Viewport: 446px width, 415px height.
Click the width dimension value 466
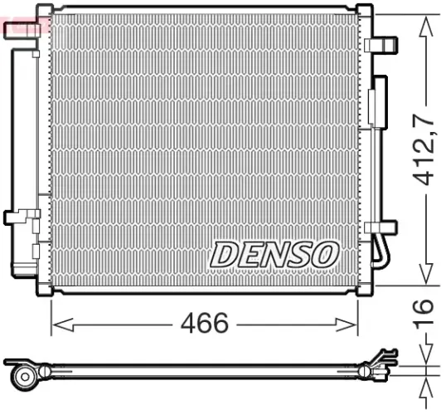click(204, 323)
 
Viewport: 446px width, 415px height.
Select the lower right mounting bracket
click(384, 225)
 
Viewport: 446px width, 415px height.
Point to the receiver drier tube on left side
click(23, 149)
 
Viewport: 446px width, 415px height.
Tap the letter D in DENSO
click(224, 255)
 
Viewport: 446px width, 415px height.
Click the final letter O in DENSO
click(324, 253)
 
